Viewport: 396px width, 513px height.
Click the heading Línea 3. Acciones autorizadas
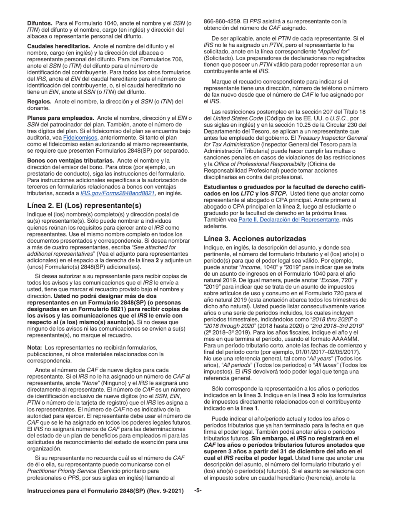click(255, 239)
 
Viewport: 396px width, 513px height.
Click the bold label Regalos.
click(39, 101)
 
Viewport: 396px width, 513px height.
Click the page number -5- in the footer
click(198, 490)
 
